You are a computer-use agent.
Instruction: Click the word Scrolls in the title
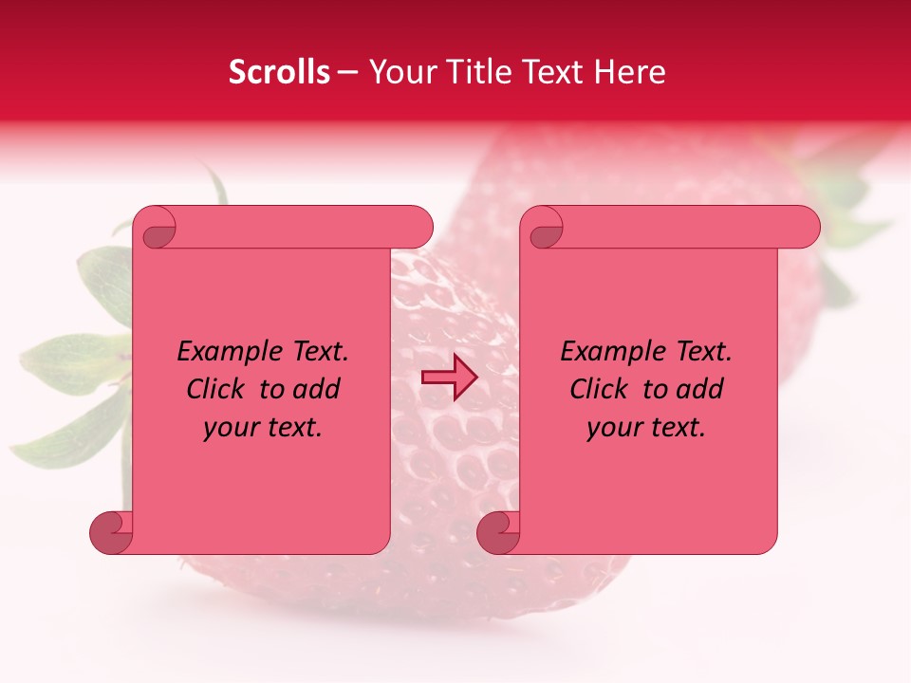(x=279, y=72)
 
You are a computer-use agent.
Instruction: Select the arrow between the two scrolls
(x=449, y=378)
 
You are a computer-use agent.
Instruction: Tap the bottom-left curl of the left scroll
(x=111, y=533)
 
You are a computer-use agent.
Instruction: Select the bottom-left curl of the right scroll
(x=497, y=533)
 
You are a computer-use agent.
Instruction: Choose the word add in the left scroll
(x=316, y=390)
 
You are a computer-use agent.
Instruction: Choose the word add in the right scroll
(x=699, y=390)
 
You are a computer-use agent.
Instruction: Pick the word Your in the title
(x=400, y=72)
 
